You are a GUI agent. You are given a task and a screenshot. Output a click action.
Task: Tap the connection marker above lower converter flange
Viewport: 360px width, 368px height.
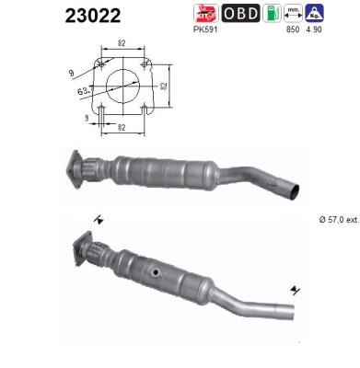coord(99,220)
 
